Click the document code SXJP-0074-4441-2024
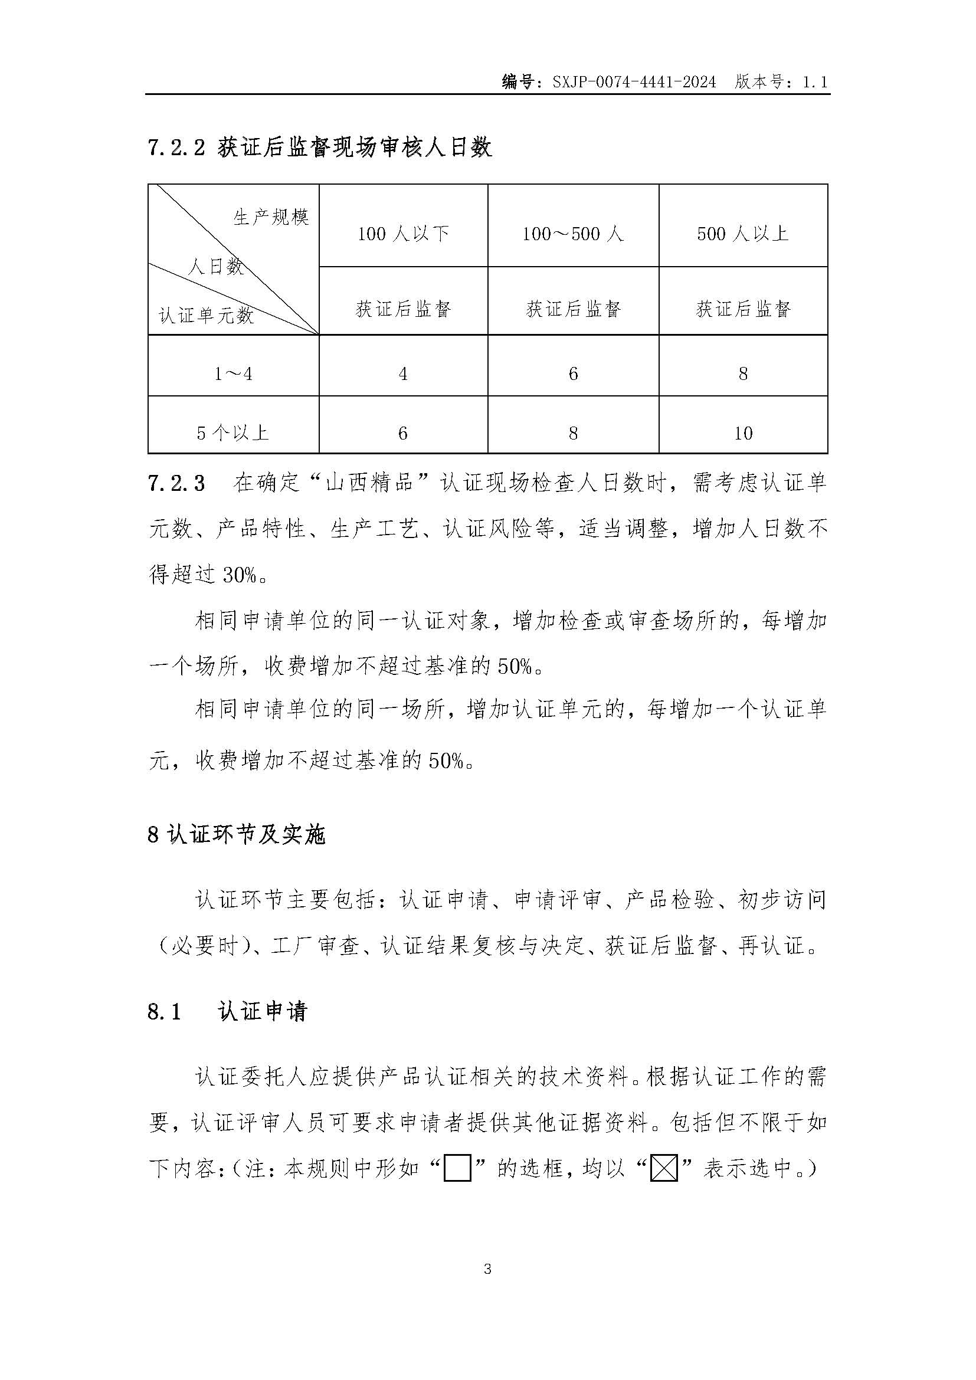(634, 82)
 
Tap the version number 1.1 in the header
(815, 82)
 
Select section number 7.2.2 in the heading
(176, 148)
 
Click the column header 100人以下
(403, 234)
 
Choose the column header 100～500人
(573, 234)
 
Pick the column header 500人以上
(743, 234)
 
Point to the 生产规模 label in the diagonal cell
(271, 217)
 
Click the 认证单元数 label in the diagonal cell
(206, 315)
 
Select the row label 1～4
(233, 374)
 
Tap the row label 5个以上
(233, 432)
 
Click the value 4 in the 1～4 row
(403, 374)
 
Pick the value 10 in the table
(743, 432)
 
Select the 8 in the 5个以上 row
(573, 432)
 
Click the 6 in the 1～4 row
(573, 374)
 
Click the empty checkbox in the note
(457, 1169)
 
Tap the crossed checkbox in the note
(664, 1169)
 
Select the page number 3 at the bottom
(487, 1269)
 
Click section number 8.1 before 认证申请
(164, 1012)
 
